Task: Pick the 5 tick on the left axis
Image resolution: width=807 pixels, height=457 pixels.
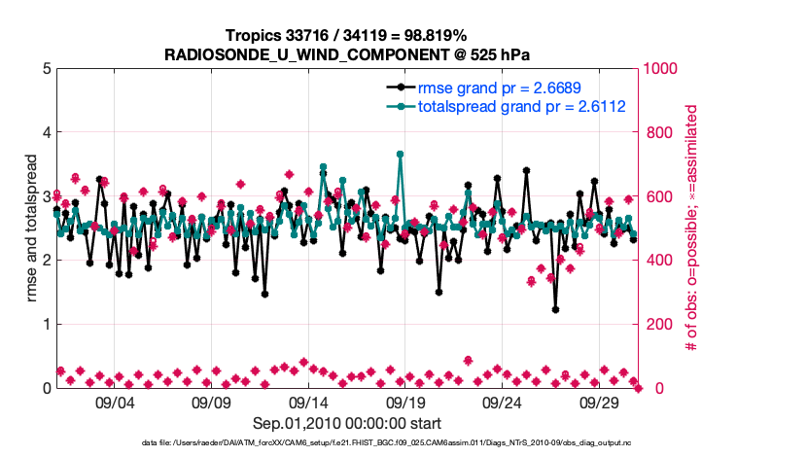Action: coord(46,69)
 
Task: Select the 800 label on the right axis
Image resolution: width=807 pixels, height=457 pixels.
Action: coord(657,132)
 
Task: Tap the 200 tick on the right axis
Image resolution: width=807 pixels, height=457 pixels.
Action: coord(657,324)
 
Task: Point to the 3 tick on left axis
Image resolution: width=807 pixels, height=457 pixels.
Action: coord(46,196)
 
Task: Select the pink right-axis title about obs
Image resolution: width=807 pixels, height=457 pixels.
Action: coord(692,228)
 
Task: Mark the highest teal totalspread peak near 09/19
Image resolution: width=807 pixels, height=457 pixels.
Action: coord(400,154)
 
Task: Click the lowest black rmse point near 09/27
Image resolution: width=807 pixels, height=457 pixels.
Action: coord(555,309)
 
